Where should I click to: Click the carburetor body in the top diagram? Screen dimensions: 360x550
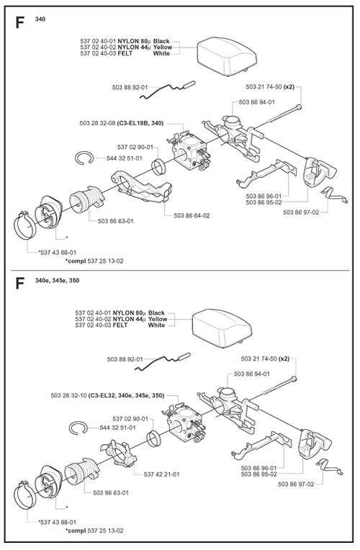click(189, 151)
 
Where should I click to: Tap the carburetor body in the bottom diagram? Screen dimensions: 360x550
click(184, 422)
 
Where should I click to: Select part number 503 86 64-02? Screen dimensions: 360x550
click(192, 216)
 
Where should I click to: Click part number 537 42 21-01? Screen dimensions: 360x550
click(161, 474)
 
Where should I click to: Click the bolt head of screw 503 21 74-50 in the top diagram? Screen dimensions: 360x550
click(299, 107)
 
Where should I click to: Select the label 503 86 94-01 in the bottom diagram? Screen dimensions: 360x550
click(252, 374)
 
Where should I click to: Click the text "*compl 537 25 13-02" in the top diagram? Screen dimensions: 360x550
click(94, 261)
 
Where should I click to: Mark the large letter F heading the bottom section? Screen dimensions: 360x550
click(19, 284)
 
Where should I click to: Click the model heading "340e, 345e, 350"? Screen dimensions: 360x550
click(57, 280)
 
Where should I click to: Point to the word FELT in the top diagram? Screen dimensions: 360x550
click(125, 53)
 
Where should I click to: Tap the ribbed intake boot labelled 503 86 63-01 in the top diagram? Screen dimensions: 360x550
click(86, 199)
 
